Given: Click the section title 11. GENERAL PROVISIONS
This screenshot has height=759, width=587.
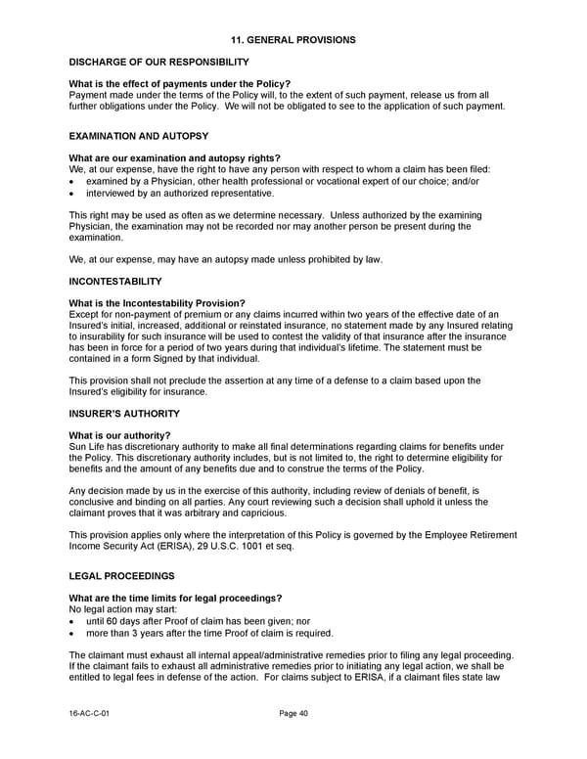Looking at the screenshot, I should (293, 39).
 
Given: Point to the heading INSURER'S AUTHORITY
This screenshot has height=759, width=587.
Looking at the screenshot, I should (124, 414).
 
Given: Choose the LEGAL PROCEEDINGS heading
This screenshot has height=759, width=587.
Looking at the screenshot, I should (122, 575).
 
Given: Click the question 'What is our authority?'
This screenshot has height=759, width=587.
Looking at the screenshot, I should (120, 435).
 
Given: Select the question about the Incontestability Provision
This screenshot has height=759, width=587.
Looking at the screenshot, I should (158, 302).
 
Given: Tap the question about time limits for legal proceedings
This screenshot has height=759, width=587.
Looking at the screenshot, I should (176, 598).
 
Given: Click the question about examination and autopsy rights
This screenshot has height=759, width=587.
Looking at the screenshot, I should (175, 157).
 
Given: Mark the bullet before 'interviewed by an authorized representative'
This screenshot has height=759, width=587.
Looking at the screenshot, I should (73, 193).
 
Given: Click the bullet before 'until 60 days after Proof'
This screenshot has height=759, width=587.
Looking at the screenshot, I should (73, 621).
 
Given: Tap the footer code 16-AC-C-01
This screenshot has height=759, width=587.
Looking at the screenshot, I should (90, 714).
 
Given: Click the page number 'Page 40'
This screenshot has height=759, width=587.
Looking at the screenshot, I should (293, 714).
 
